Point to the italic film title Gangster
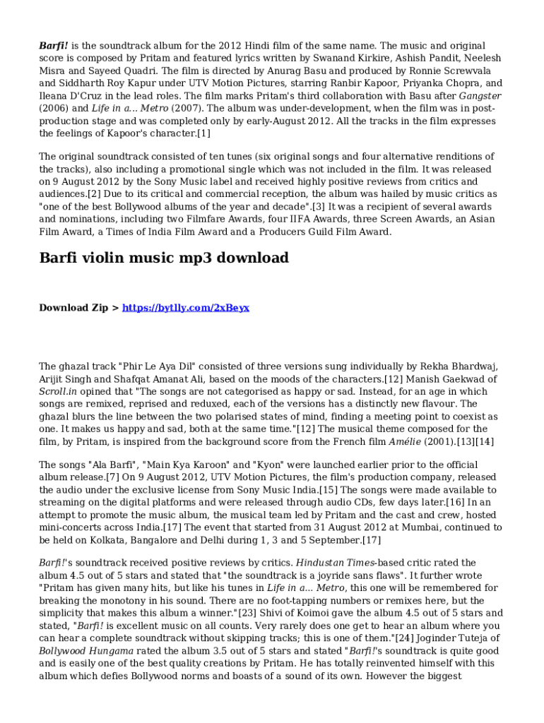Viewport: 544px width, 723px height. (x=480, y=95)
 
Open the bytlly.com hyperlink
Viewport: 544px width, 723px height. (x=186, y=308)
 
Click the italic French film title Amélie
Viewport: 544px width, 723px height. (x=406, y=441)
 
